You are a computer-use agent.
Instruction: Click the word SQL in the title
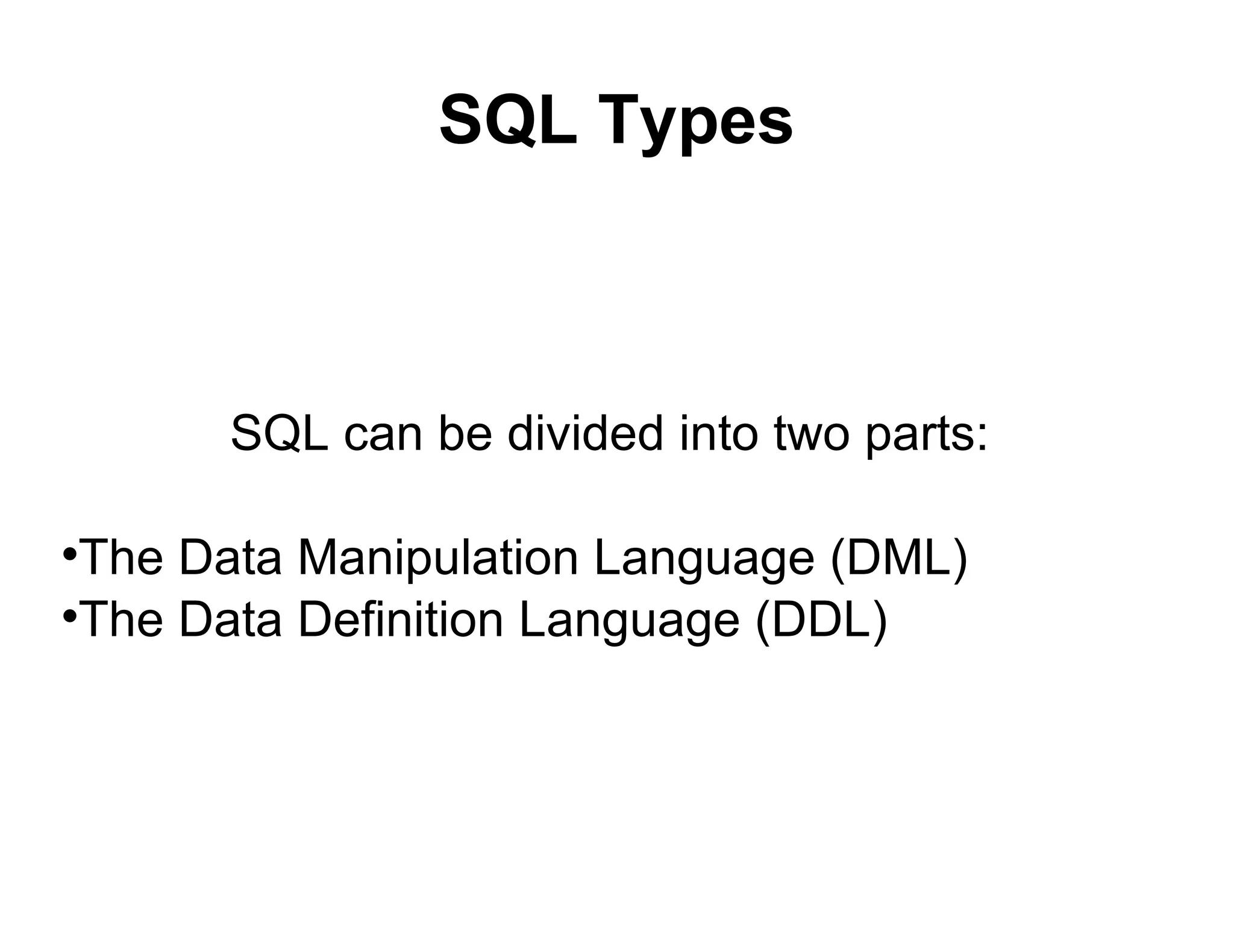click(x=508, y=121)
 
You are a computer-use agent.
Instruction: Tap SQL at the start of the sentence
click(x=280, y=433)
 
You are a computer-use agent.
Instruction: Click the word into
click(x=718, y=433)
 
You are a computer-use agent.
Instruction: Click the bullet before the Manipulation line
click(x=69, y=553)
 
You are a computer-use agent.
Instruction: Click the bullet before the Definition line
click(x=69, y=616)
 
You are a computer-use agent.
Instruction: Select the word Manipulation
click(x=438, y=558)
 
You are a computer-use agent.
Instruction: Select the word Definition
click(x=401, y=621)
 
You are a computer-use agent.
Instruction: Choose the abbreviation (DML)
click(x=898, y=558)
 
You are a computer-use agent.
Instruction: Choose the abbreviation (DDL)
click(x=821, y=621)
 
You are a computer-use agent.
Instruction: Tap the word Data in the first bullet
click(x=230, y=558)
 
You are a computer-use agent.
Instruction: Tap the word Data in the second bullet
click(x=230, y=621)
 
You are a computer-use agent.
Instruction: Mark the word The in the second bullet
click(x=121, y=621)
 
